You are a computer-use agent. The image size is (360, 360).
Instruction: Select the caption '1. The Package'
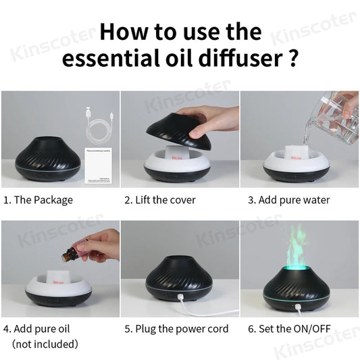click(38, 200)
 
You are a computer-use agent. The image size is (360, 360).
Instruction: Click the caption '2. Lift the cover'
click(160, 200)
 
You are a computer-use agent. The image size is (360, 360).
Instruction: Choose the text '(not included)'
click(45, 344)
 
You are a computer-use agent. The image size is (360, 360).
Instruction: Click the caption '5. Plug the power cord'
click(176, 329)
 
